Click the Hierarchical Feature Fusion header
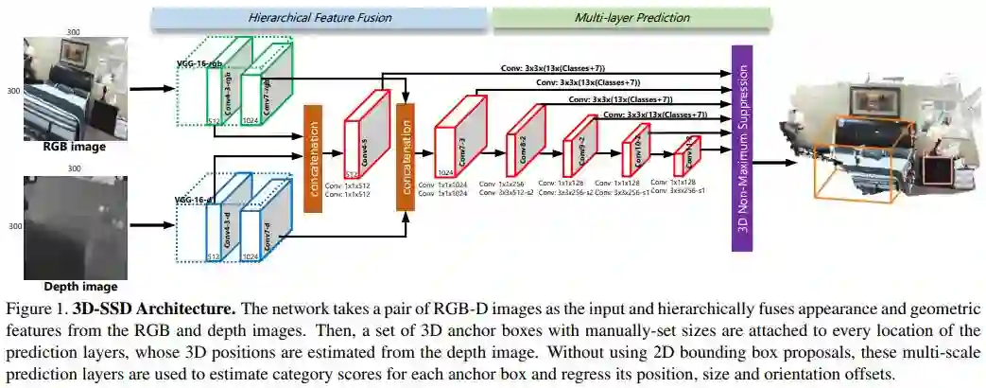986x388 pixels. (x=319, y=18)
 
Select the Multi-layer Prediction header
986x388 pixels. (x=631, y=18)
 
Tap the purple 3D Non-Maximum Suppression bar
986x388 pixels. (x=740, y=147)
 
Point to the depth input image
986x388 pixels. (x=74, y=226)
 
